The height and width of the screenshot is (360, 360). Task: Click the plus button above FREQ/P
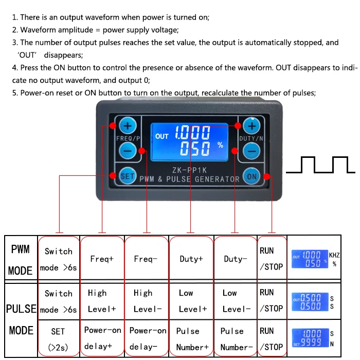click(128, 125)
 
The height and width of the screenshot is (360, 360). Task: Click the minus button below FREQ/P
click(128, 150)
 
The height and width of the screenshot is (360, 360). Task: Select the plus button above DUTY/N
click(252, 125)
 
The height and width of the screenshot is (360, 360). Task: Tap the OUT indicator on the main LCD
click(162, 136)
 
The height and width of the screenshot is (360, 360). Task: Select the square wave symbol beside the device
click(320, 165)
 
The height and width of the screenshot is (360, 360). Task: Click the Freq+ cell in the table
click(102, 259)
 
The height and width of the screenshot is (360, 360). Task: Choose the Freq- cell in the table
click(146, 259)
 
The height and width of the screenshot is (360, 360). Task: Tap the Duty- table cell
click(235, 259)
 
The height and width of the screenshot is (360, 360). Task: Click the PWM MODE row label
click(21, 259)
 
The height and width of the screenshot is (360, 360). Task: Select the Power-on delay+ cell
click(102, 338)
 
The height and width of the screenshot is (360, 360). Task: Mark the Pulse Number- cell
click(235, 338)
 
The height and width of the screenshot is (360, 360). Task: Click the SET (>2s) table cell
click(59, 338)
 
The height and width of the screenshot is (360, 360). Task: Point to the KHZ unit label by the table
click(335, 255)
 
